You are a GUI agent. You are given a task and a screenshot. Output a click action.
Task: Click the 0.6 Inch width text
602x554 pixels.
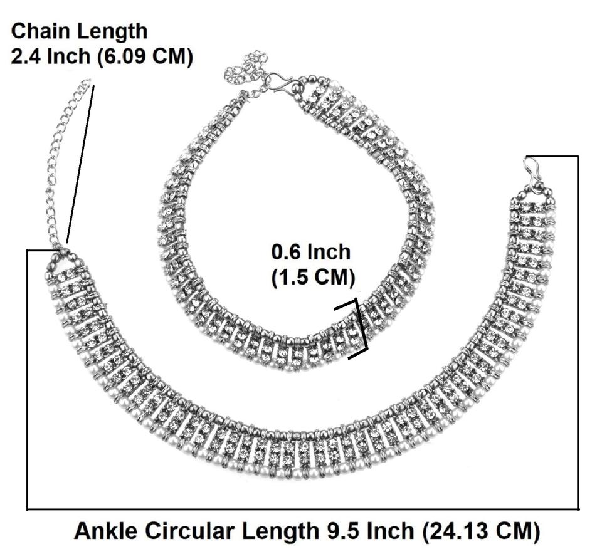coord(311,253)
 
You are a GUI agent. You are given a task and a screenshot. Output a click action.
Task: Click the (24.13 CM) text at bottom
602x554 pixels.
coord(480,531)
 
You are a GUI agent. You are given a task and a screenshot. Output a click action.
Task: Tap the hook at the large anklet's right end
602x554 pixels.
coord(534,175)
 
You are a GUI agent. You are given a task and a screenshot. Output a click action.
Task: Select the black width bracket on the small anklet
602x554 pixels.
coord(359,328)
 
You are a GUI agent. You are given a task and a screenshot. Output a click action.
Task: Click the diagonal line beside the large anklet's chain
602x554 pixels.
coord(80,163)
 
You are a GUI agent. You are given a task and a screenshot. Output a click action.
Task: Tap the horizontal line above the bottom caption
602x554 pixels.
coord(301,509)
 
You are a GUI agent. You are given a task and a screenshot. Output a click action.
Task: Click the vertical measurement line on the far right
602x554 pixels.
coord(578,332)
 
